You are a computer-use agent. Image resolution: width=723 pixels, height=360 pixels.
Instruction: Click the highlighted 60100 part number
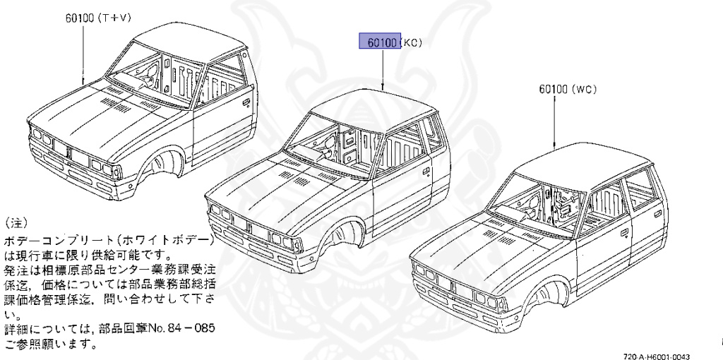(x=380, y=42)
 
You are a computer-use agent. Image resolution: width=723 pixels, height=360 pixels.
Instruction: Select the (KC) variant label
(x=412, y=42)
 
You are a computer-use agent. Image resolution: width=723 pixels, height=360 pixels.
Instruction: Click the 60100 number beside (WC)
(x=553, y=90)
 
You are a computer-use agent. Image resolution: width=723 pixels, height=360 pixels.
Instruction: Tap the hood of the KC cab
(x=268, y=180)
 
